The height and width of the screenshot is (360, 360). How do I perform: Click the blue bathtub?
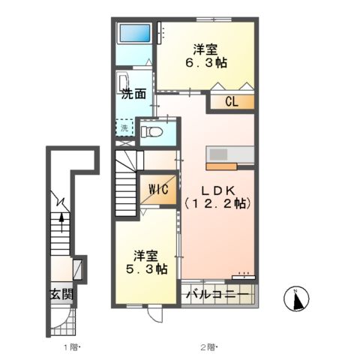(135, 34)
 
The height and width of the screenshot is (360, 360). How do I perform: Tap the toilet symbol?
(151, 131)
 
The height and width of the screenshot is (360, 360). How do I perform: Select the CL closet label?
(232, 102)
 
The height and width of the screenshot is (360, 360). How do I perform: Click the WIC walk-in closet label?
(158, 190)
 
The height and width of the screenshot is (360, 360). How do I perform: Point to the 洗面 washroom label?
(133, 94)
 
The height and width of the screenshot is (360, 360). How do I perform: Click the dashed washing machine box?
(124, 127)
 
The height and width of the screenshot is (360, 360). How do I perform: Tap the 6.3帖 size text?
(206, 63)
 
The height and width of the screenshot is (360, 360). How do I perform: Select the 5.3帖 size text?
(146, 269)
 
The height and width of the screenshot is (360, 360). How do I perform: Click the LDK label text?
(218, 191)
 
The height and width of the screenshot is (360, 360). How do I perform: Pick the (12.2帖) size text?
(217, 204)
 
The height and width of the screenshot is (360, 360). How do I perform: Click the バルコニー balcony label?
(217, 294)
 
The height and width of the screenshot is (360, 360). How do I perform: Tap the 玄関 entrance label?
(61, 294)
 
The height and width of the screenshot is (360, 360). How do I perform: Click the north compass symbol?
(296, 298)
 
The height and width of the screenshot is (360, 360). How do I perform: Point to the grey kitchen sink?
(218, 154)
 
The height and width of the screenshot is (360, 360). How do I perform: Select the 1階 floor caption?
(70, 347)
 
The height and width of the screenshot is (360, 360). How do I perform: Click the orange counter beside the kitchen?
(221, 166)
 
